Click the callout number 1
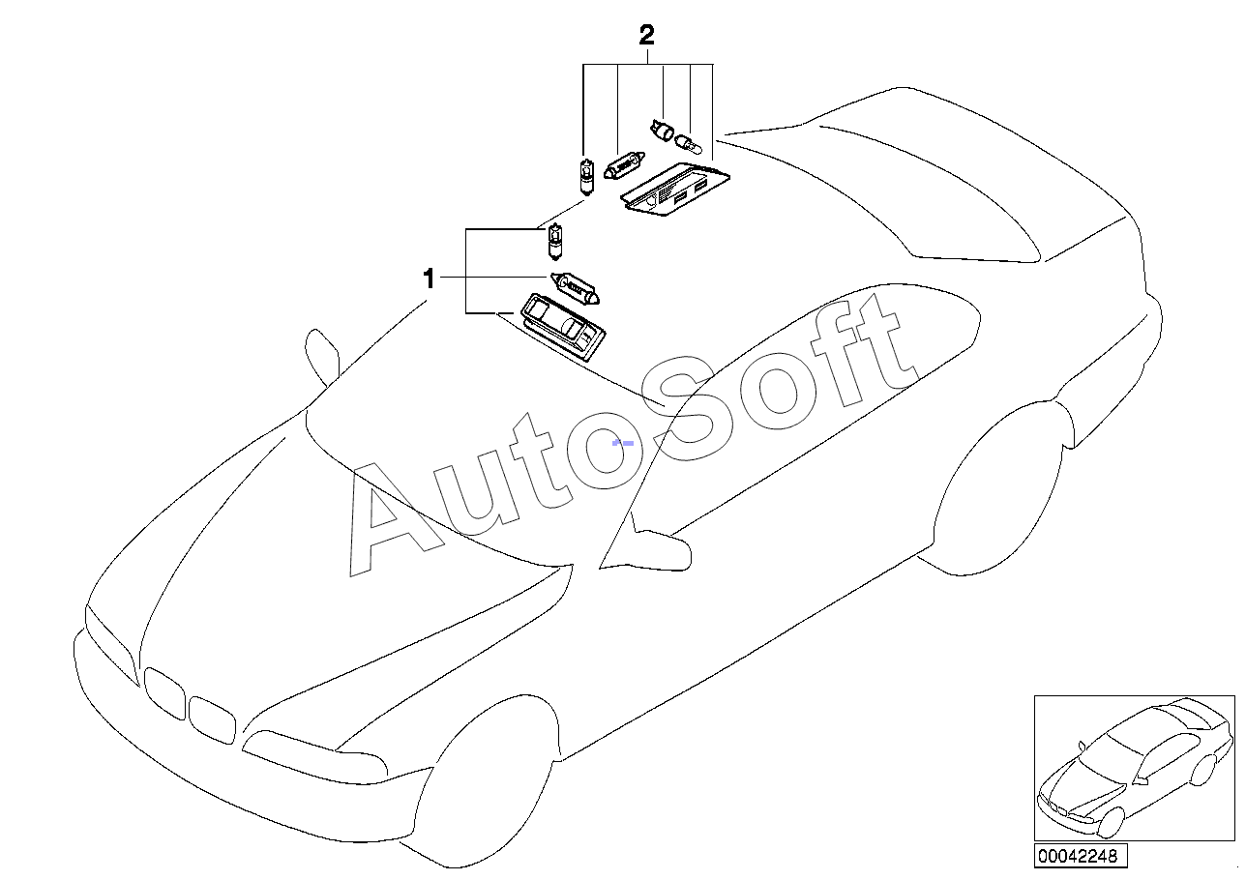pyautogui.click(x=429, y=279)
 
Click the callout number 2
pyautogui.click(x=647, y=37)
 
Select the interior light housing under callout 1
pyautogui.click(x=562, y=324)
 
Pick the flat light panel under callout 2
pyautogui.click(x=674, y=192)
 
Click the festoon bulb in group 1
pyautogui.click(x=578, y=285)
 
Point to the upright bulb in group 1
pyautogui.click(x=554, y=242)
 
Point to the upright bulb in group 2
pyautogui.click(x=584, y=177)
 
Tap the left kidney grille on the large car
pyautogui.click(x=163, y=693)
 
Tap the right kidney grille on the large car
pyautogui.click(x=211, y=719)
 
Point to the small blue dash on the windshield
pyautogui.click(x=624, y=442)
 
